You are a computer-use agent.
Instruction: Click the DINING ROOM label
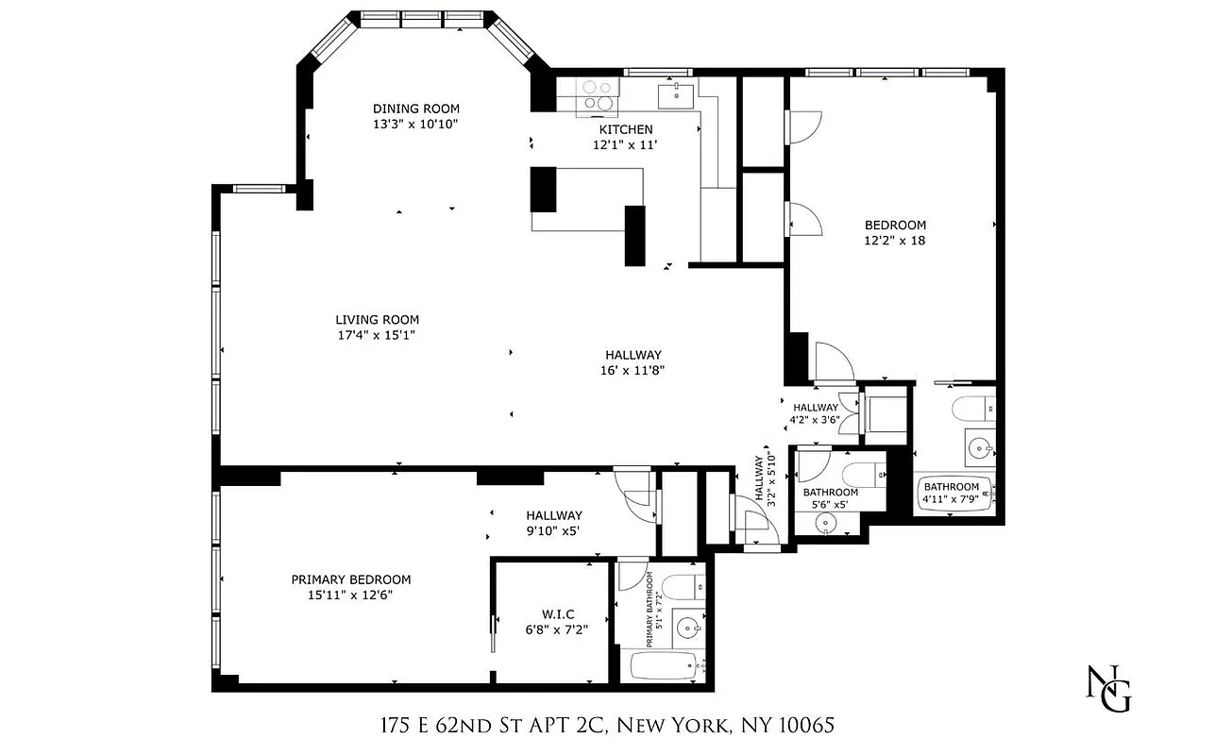(x=415, y=109)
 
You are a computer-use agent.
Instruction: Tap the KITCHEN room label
(x=625, y=129)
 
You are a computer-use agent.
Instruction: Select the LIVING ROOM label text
(x=377, y=320)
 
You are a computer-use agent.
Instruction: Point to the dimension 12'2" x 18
(x=895, y=241)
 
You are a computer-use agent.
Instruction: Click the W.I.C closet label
(x=556, y=614)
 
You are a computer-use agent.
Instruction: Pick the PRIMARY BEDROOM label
(x=350, y=579)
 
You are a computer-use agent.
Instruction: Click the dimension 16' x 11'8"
(x=633, y=370)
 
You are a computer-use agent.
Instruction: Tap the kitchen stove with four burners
(x=598, y=95)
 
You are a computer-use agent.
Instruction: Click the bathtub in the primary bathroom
(x=665, y=665)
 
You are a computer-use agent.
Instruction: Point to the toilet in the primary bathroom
(x=682, y=585)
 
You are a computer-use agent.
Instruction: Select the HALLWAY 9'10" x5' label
(x=553, y=523)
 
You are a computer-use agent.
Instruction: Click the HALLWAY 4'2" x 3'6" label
(x=815, y=414)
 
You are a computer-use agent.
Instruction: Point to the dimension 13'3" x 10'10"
(x=415, y=124)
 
